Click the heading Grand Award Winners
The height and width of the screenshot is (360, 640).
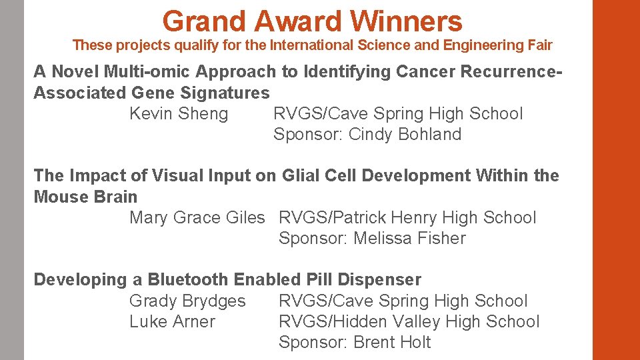point(312,21)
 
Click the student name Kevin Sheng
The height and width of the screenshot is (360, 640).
point(178,114)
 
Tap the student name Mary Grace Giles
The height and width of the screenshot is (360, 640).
point(197,218)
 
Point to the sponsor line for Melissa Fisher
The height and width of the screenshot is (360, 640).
point(372,239)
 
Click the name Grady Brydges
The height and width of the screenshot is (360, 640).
point(187,301)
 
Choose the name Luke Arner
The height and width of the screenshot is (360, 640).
point(172,322)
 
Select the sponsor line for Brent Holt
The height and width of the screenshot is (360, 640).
point(355,343)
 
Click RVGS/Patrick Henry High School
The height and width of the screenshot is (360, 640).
point(407,218)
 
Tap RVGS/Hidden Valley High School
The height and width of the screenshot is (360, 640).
point(409,322)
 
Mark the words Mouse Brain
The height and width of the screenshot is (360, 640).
point(85,197)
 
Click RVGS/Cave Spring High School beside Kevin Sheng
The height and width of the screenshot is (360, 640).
point(398,114)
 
